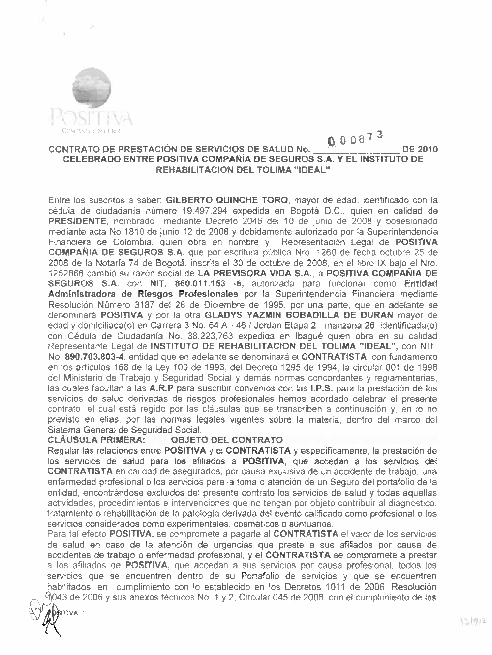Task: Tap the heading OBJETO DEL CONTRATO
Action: pos(226,439)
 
